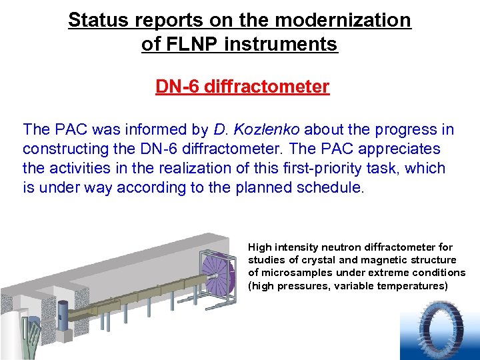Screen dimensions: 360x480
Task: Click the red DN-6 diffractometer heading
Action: point(242,87)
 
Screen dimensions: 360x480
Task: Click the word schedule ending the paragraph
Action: point(333,187)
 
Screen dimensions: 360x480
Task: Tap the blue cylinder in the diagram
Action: point(63,311)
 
